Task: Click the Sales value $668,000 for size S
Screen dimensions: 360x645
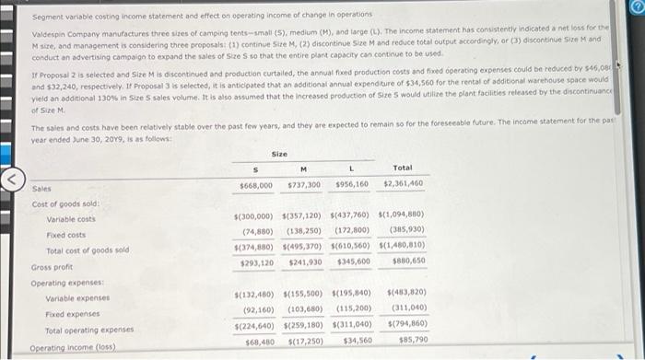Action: (x=255, y=186)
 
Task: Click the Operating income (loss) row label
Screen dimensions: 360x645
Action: (x=63, y=349)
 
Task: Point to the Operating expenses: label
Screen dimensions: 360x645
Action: (x=64, y=282)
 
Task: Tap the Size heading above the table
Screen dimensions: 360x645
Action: (x=280, y=154)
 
